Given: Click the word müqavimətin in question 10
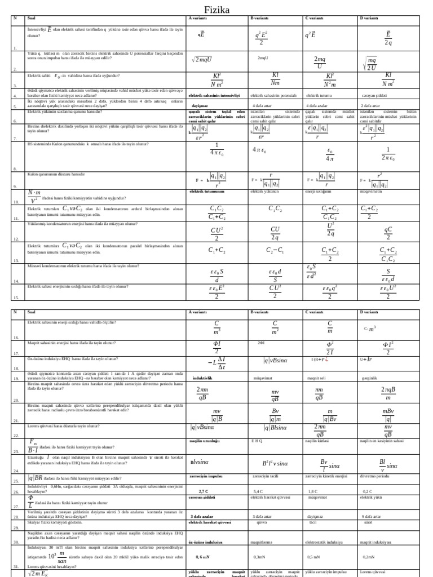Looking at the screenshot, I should click(371, 192).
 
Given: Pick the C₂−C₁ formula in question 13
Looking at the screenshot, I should click(275, 250).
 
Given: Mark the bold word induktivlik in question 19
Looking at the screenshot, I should click(202, 378).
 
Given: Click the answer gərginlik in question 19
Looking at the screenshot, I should click(369, 378).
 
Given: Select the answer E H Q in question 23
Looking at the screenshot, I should click(257, 441).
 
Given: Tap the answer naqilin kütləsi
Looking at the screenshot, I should click(317, 441).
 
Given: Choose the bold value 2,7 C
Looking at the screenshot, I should click(204, 491).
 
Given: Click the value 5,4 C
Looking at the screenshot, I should click(258, 491).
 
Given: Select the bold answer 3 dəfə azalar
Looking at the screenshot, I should click(202, 516).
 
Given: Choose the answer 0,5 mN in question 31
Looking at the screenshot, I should click(313, 557).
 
